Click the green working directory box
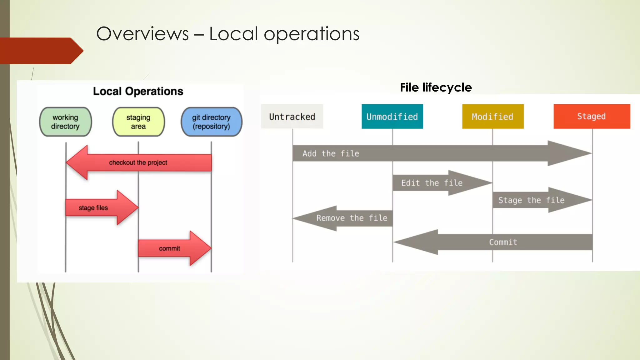[x=65, y=122]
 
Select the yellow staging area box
[x=138, y=122]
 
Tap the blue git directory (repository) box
[x=211, y=122]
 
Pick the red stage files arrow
[x=100, y=208]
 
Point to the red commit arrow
[x=173, y=248]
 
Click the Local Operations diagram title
[x=138, y=91]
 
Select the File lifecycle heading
[x=436, y=87]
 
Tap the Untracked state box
[x=292, y=117]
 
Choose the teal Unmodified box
[x=392, y=117]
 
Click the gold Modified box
[x=492, y=117]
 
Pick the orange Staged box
[x=592, y=116]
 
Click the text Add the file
[x=331, y=153]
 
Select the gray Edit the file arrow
[x=437, y=183]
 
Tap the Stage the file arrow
[x=537, y=200]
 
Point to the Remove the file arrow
[x=347, y=218]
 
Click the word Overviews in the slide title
[x=142, y=34]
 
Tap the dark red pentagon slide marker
[x=41, y=51]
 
